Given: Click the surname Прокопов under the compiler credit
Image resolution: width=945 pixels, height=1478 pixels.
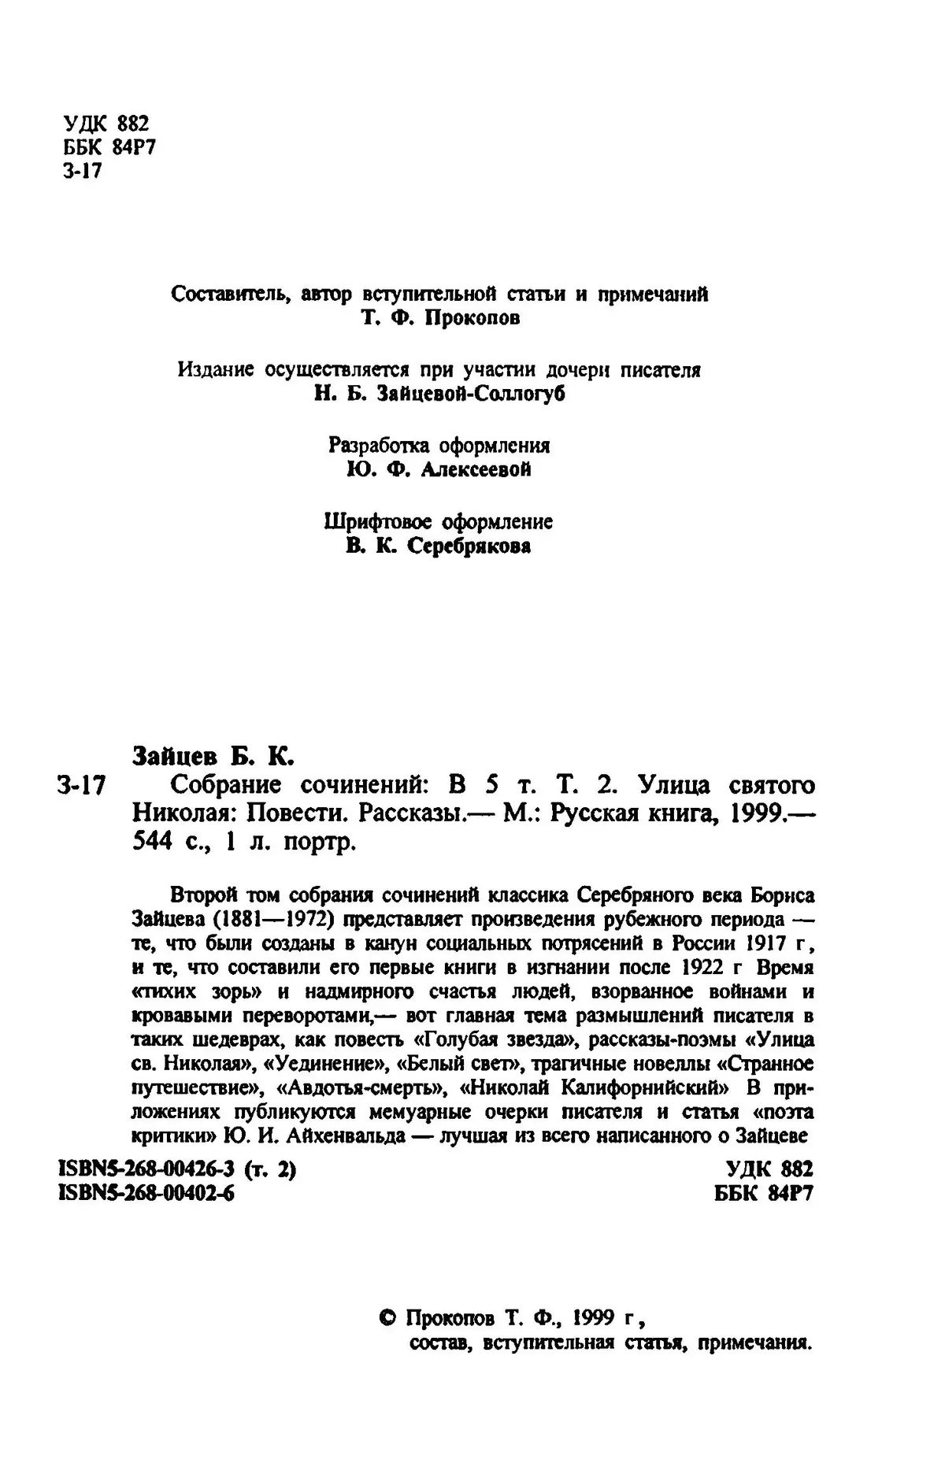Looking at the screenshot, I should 470,319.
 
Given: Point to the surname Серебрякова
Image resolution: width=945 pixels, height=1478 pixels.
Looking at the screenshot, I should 468,546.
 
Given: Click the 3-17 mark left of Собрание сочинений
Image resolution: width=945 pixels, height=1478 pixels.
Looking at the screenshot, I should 82,786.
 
